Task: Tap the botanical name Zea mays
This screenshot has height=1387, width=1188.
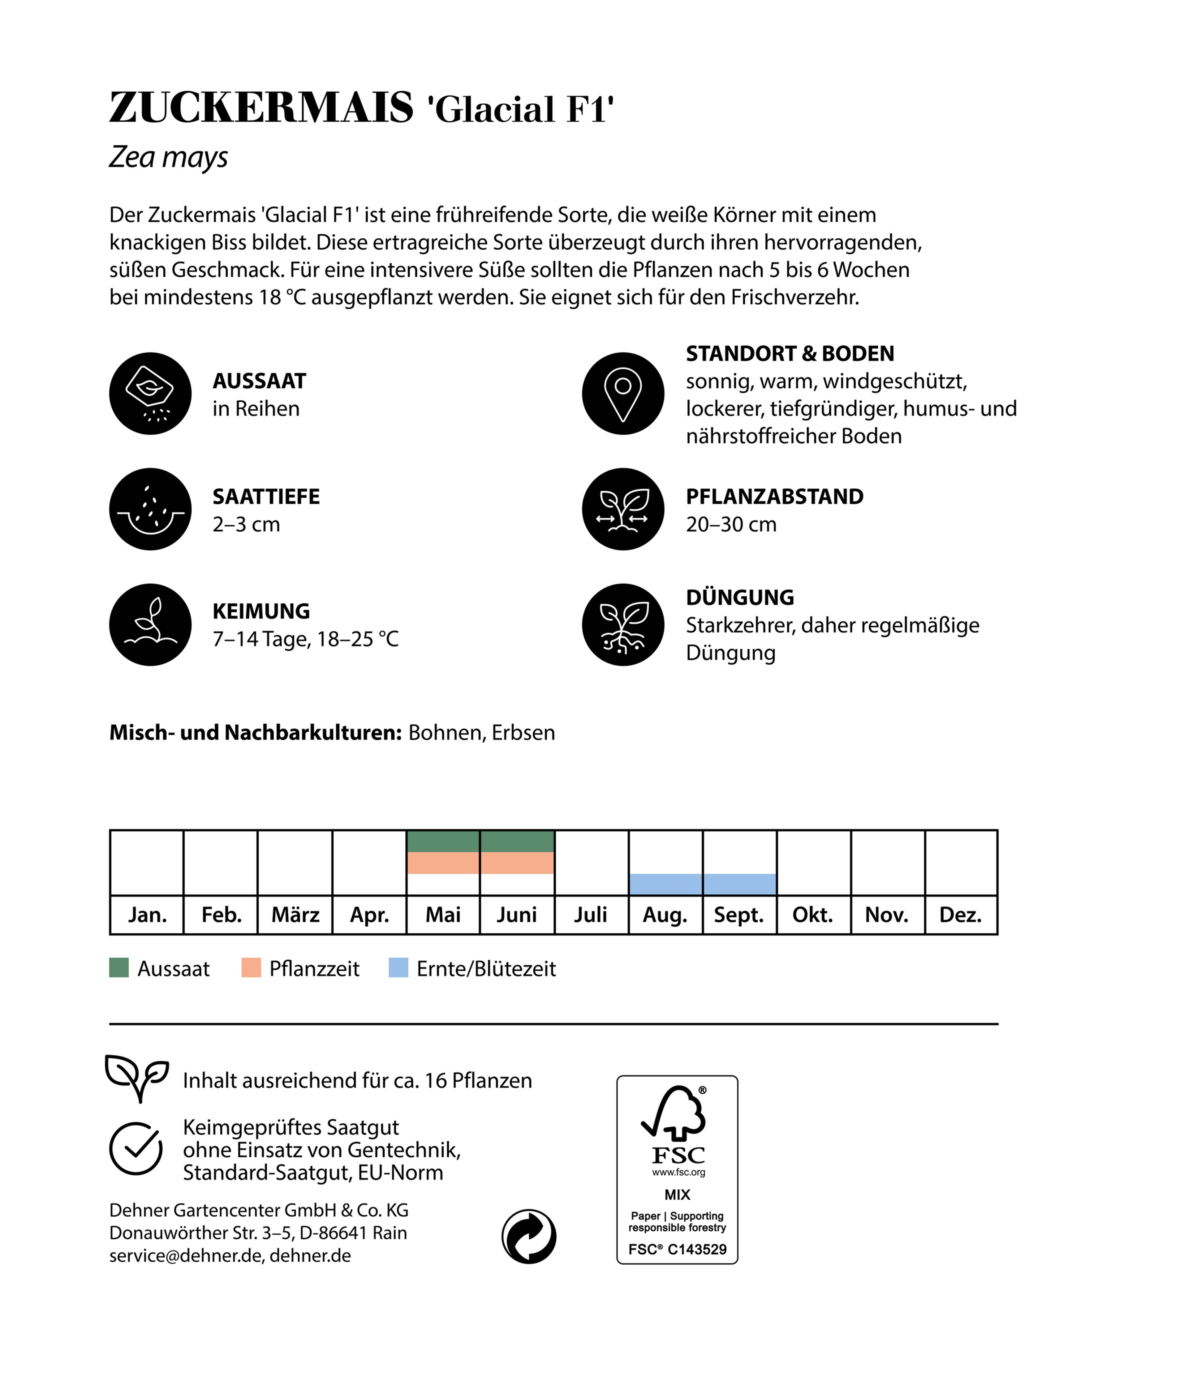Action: click(x=169, y=157)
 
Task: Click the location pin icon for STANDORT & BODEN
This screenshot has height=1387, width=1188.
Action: click(x=623, y=393)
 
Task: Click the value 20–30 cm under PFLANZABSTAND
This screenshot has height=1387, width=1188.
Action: click(x=731, y=524)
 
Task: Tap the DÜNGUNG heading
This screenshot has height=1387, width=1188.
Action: click(x=740, y=597)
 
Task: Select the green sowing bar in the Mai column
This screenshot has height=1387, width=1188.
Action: click(x=443, y=841)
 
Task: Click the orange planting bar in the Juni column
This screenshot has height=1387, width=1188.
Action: click(x=517, y=863)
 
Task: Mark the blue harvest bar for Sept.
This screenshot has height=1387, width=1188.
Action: click(x=739, y=884)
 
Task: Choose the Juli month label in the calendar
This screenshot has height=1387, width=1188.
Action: click(x=591, y=915)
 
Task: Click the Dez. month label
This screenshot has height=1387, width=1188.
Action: click(x=961, y=915)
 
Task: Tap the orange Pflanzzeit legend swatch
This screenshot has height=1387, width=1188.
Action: click(x=251, y=968)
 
